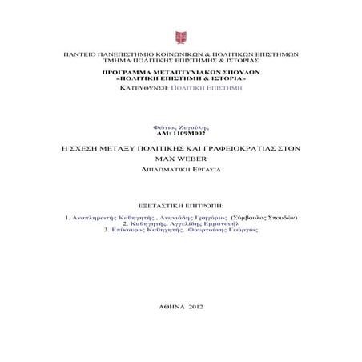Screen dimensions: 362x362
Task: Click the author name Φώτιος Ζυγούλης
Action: (x=180, y=128)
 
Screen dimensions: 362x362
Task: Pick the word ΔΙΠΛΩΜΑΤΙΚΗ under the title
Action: (x=163, y=170)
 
